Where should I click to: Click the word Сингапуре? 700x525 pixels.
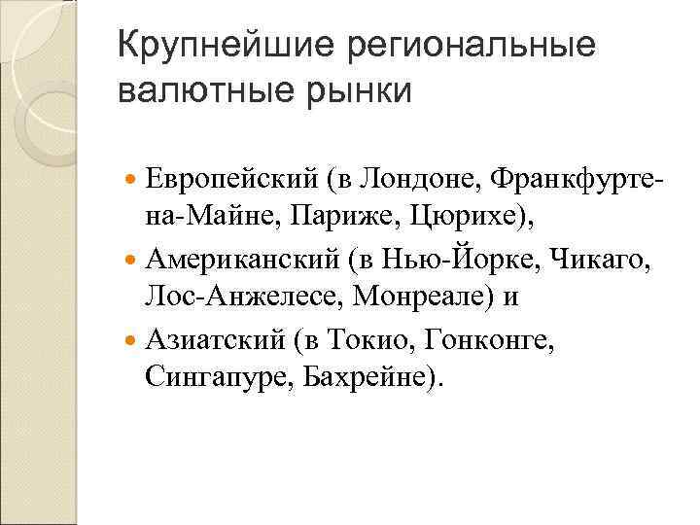(207, 376)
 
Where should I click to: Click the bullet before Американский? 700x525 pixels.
(132, 261)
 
